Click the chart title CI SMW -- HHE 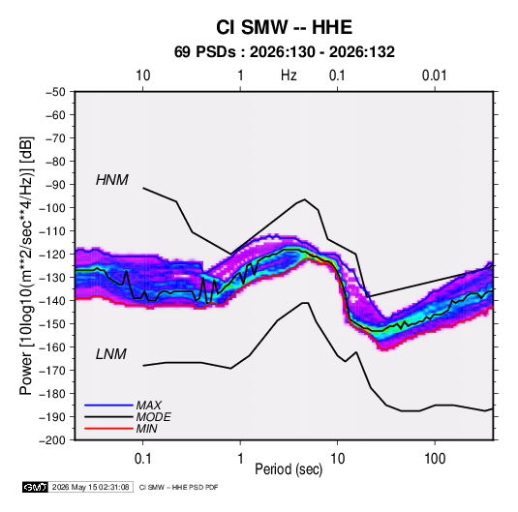click(284, 27)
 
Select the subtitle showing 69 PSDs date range click(284, 52)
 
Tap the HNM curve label click(112, 180)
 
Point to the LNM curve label click(111, 354)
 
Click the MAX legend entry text click(149, 405)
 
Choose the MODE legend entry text click(153, 417)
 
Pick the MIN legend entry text click(146, 429)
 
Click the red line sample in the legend click(108, 429)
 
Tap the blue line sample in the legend click(108, 405)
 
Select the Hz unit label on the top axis click(289, 75)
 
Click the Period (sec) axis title click(289, 469)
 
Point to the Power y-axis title click(26, 265)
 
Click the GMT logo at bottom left click(36, 487)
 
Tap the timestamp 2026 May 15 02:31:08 click(90, 487)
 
